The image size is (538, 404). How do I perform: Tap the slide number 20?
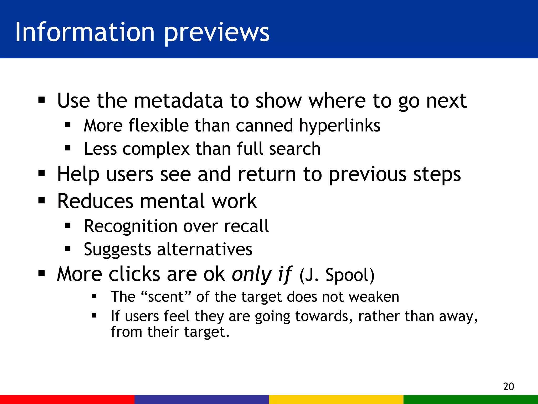(508, 386)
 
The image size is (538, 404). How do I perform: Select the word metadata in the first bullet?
(178, 100)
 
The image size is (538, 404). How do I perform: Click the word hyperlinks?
(339, 126)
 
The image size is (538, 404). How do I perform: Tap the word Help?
(78, 174)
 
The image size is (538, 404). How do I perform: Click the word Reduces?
(95, 201)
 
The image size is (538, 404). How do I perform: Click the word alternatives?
(205, 249)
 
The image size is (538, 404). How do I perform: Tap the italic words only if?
(262, 274)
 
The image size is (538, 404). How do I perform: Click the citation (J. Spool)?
(337, 275)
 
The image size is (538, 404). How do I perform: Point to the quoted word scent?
(165, 297)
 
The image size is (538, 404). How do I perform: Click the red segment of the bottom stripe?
(67, 399)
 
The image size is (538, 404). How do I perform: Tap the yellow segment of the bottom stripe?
(336, 399)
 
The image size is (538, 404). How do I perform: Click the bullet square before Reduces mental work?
(42, 201)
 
